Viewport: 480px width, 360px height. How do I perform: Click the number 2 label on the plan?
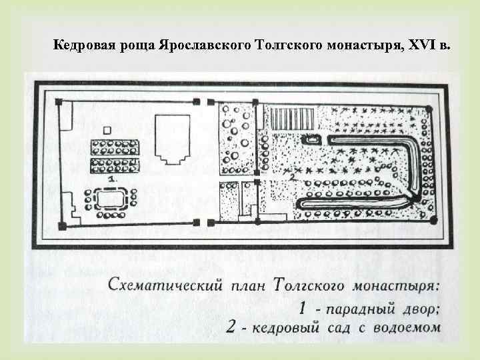(291, 178)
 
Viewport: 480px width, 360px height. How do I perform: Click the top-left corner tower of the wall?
(59, 102)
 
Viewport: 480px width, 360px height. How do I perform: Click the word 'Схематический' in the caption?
(153, 287)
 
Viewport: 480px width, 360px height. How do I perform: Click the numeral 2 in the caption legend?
(231, 327)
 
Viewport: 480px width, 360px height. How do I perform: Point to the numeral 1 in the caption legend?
(302, 309)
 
